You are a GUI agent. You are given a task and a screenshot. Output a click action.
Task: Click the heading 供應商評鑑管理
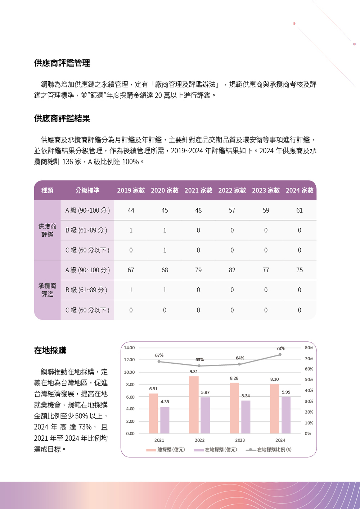tap(62, 63)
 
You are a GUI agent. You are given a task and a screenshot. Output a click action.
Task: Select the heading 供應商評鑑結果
tap(62, 119)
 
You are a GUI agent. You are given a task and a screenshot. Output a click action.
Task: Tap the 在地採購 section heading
tap(50, 351)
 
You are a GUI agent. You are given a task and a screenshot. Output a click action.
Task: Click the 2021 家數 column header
tap(198, 190)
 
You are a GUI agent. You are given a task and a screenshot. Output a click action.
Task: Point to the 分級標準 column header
tap(87, 190)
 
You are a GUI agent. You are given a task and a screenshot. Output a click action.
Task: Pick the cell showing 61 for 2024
tap(300, 210)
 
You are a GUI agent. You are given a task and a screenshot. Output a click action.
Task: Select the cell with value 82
tap(232, 270)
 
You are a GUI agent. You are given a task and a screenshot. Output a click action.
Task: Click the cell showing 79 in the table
tap(198, 270)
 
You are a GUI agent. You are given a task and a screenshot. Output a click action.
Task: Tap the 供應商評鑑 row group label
tap(47, 230)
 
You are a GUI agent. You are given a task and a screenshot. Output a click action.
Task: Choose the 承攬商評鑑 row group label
tap(47, 290)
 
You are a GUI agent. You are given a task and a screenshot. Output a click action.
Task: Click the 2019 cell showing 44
tap(131, 210)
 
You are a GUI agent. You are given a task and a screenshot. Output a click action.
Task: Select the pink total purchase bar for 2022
tap(194, 405)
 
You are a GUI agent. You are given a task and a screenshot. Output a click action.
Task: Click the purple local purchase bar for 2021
tap(165, 420)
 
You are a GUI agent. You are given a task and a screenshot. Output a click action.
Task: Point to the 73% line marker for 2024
tap(280, 355)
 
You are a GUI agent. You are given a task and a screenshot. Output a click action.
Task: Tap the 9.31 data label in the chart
tap(194, 372)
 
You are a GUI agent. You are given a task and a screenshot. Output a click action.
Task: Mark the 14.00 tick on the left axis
tap(129, 348)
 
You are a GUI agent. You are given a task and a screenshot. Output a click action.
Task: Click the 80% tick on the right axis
tap(309, 348)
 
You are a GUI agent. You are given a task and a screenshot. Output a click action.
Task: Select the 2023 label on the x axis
tap(240, 440)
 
